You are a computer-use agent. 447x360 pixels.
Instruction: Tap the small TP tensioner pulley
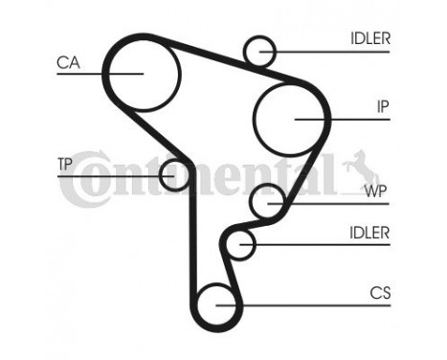pos(174,174)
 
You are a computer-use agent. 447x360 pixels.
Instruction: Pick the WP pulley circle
pos(267,202)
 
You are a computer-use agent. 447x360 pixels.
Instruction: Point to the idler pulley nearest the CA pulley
pos(259,49)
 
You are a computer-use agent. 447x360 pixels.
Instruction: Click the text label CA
pos(68,63)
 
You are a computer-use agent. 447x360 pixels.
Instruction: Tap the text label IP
pos(382,108)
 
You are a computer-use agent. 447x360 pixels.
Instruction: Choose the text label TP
pos(65,164)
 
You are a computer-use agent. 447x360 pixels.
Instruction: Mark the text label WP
pos(375,190)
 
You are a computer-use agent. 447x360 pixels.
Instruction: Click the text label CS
pos(379,293)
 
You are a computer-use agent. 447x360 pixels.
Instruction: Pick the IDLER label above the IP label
pos(369,38)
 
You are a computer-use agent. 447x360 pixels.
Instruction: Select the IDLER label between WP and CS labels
pos(369,233)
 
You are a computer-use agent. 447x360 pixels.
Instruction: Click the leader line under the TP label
pos(105,175)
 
